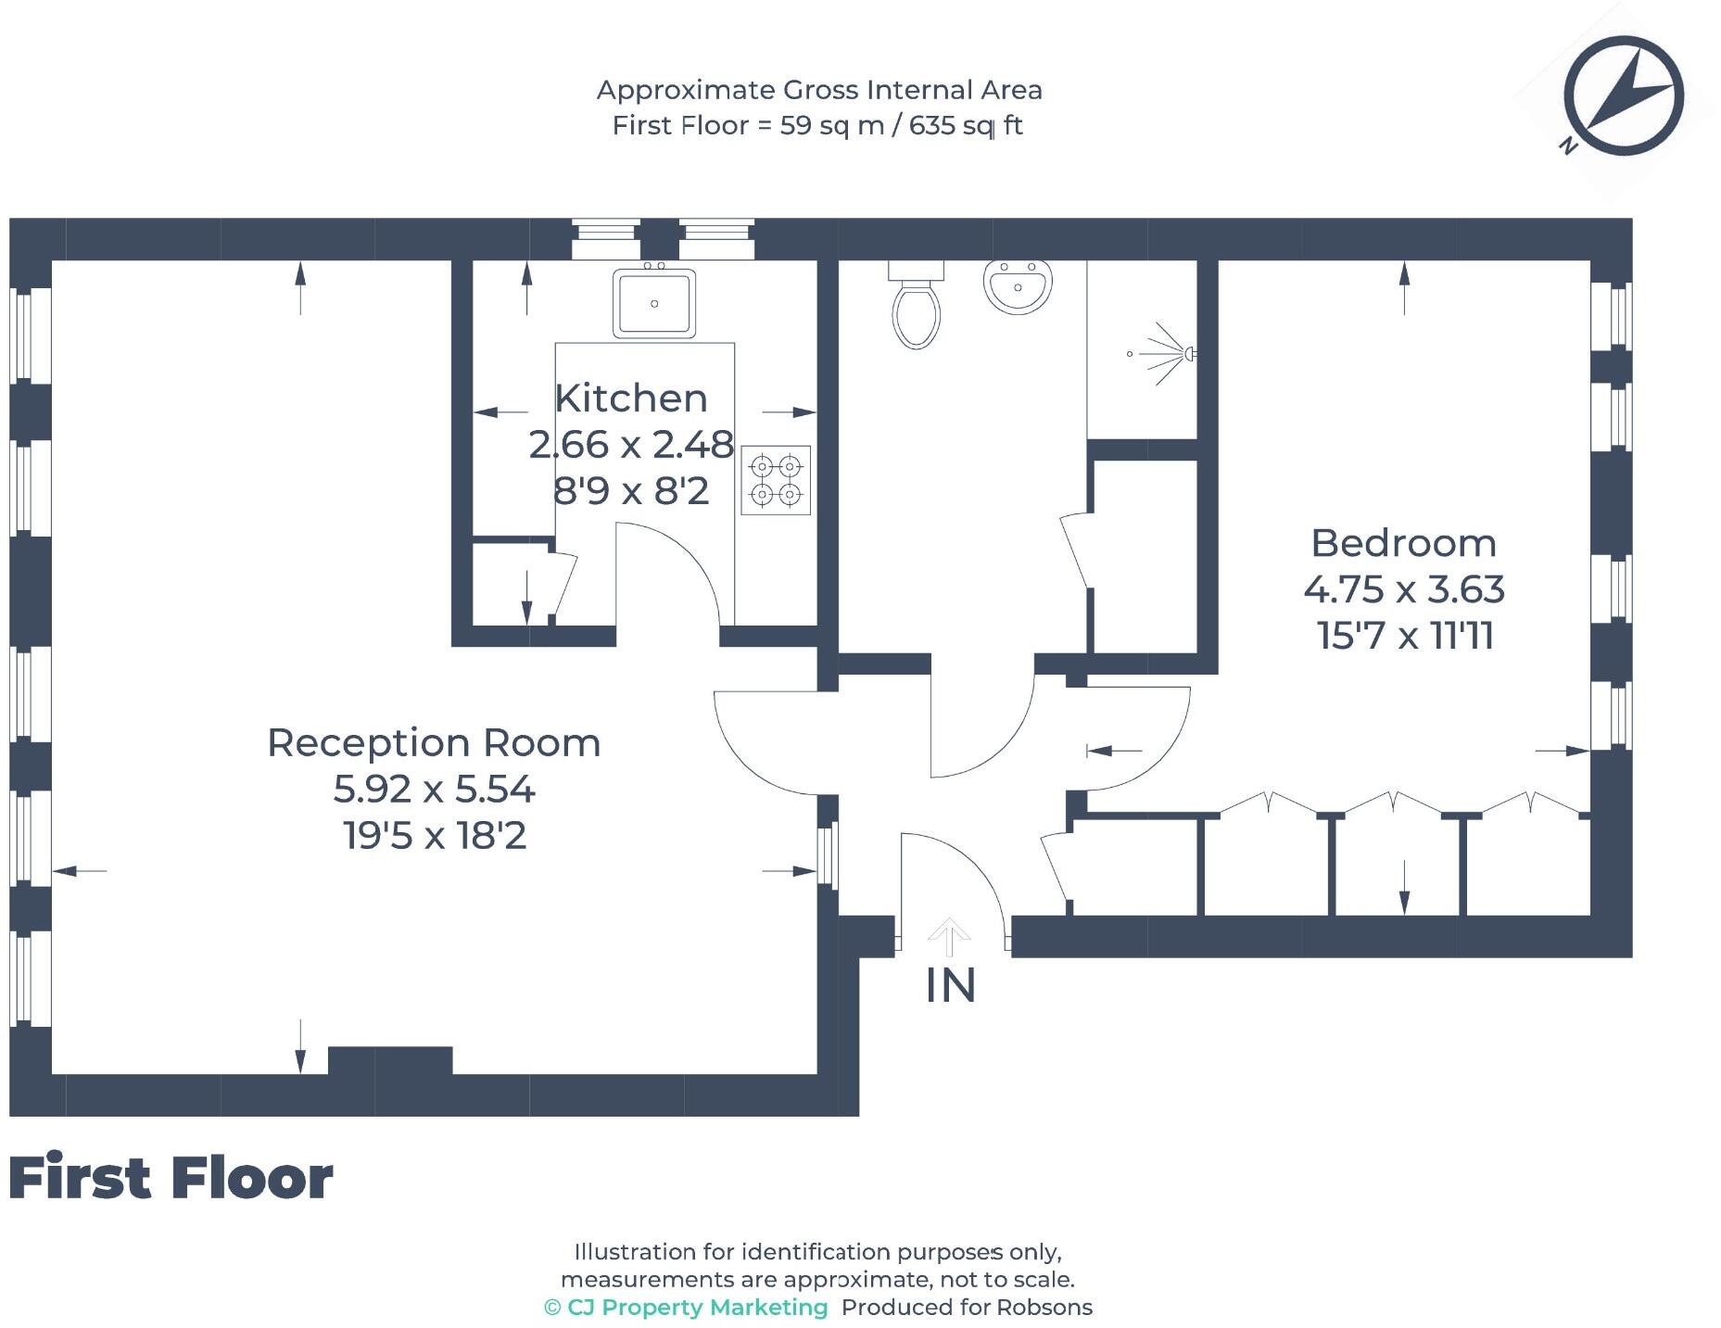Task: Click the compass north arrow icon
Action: pyautogui.click(x=1623, y=96)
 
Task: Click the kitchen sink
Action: pyautogui.click(x=653, y=303)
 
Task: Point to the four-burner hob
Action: pyautogui.click(x=776, y=480)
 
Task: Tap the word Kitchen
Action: pyautogui.click(x=631, y=398)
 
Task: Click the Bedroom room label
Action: pyautogui.click(x=1403, y=543)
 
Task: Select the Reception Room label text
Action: pyautogui.click(x=434, y=743)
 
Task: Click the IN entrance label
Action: pyautogui.click(x=951, y=986)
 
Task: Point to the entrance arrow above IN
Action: pyautogui.click(x=948, y=936)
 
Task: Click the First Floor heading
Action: pyautogui.click(x=171, y=1178)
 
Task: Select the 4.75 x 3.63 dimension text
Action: pyautogui.click(x=1403, y=589)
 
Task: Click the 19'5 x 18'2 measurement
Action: pyautogui.click(x=435, y=836)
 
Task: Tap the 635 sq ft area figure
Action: pyautogui.click(x=966, y=125)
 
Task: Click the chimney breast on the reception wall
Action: pyautogui.click(x=390, y=1060)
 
